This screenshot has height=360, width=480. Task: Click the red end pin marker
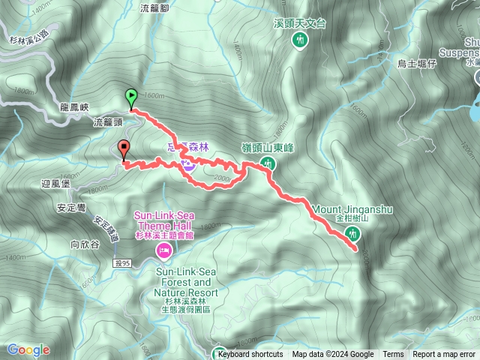124,148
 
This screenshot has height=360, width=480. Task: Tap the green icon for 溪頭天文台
300,39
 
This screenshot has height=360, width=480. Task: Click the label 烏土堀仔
417,64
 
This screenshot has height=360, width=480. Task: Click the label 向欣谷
84,244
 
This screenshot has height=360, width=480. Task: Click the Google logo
28,349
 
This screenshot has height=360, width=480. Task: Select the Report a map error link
444,355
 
